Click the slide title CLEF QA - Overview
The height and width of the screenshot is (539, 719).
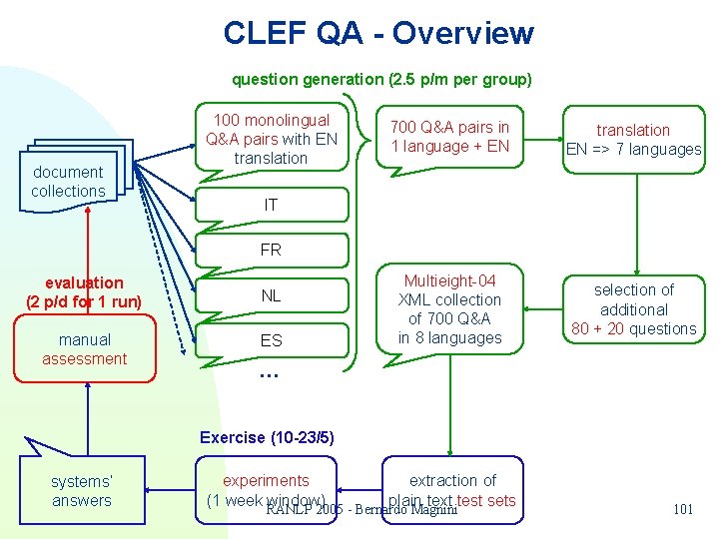point(378,33)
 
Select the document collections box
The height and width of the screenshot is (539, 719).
point(68,181)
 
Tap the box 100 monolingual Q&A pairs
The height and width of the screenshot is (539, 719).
point(271,139)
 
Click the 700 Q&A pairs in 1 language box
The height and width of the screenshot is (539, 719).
point(449,137)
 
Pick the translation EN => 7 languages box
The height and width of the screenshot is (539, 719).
point(633,140)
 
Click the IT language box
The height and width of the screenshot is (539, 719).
point(271,205)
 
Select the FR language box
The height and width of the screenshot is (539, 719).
point(271,250)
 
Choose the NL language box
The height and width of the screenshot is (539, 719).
point(271,295)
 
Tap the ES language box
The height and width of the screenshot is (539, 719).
point(271,340)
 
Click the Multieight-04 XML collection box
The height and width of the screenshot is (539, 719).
point(449,309)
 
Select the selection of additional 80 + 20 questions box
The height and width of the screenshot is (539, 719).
point(633,309)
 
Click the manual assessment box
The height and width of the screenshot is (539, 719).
point(85,349)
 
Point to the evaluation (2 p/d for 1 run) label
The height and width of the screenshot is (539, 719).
point(84,292)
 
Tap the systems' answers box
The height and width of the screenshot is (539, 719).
point(81,490)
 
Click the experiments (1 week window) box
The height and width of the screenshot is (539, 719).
point(266,489)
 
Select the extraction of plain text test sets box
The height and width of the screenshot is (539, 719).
point(451,489)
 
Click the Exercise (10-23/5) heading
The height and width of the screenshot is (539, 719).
point(267,437)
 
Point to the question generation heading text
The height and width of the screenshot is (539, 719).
point(381,79)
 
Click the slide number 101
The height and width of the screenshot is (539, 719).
point(683,509)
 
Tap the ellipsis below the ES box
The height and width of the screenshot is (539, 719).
point(268,375)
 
